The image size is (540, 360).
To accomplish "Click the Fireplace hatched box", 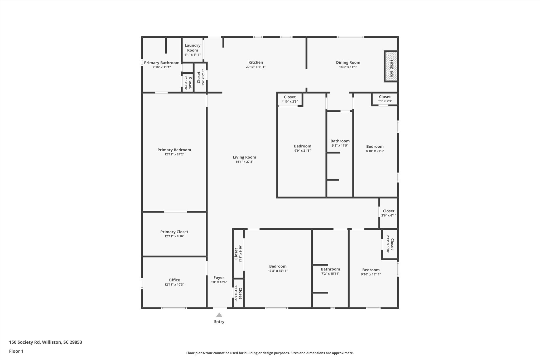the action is [391, 66].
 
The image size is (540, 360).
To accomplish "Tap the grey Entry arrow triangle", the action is [219, 315].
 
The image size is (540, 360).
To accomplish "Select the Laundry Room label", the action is [192, 48].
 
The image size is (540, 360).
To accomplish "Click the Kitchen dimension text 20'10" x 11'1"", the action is [255, 67].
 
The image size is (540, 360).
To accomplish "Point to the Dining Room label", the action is [348, 63].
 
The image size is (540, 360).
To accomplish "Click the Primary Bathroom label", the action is [162, 63].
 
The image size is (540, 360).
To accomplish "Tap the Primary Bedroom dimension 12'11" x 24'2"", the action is [174, 155].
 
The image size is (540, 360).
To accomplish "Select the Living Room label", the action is [244, 157].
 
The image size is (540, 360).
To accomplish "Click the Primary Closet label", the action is [174, 232].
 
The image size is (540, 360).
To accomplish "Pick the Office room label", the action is [174, 280].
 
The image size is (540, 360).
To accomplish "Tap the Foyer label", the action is [219, 277].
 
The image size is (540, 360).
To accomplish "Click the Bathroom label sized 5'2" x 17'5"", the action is [340, 141].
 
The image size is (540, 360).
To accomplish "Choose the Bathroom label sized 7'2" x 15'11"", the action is [330, 269].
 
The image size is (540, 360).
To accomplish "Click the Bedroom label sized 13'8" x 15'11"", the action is [278, 266].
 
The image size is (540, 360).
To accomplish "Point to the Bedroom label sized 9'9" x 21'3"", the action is [302, 146].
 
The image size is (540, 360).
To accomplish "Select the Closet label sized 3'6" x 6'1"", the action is [389, 211].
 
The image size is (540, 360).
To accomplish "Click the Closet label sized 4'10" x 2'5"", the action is [290, 97].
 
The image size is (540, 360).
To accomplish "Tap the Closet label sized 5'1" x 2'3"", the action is [385, 97].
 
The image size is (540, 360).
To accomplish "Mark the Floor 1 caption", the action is [16, 351].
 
